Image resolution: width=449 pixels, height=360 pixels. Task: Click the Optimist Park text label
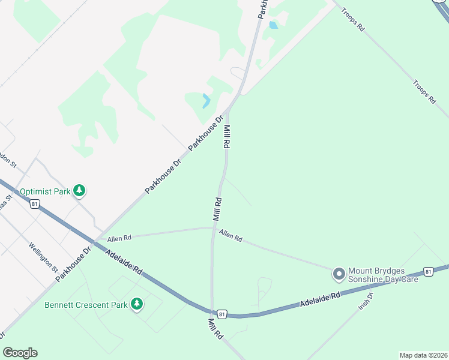(44, 192)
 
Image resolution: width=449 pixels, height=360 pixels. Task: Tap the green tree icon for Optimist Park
(79, 191)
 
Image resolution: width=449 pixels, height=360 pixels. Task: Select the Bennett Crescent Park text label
(86, 305)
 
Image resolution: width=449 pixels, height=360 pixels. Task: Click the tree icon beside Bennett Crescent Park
(137, 304)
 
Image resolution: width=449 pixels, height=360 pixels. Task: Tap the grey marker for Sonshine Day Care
(339, 274)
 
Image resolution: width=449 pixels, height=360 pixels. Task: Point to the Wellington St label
(43, 257)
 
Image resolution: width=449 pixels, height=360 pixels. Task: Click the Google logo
(20, 353)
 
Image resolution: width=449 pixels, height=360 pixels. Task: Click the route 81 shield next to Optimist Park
(35, 204)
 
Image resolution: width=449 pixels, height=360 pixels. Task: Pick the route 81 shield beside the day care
(429, 271)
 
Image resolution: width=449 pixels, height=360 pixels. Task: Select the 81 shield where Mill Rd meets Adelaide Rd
(222, 313)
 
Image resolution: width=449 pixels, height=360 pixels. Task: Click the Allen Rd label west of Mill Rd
(119, 238)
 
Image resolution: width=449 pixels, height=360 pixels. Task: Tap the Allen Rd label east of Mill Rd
(231, 236)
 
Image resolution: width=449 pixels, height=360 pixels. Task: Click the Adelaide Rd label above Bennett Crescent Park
(125, 263)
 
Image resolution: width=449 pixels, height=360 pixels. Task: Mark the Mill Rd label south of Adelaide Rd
(215, 329)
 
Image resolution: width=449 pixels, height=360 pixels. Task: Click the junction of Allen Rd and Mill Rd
(214, 227)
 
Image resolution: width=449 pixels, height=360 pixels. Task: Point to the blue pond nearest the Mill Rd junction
(206, 100)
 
